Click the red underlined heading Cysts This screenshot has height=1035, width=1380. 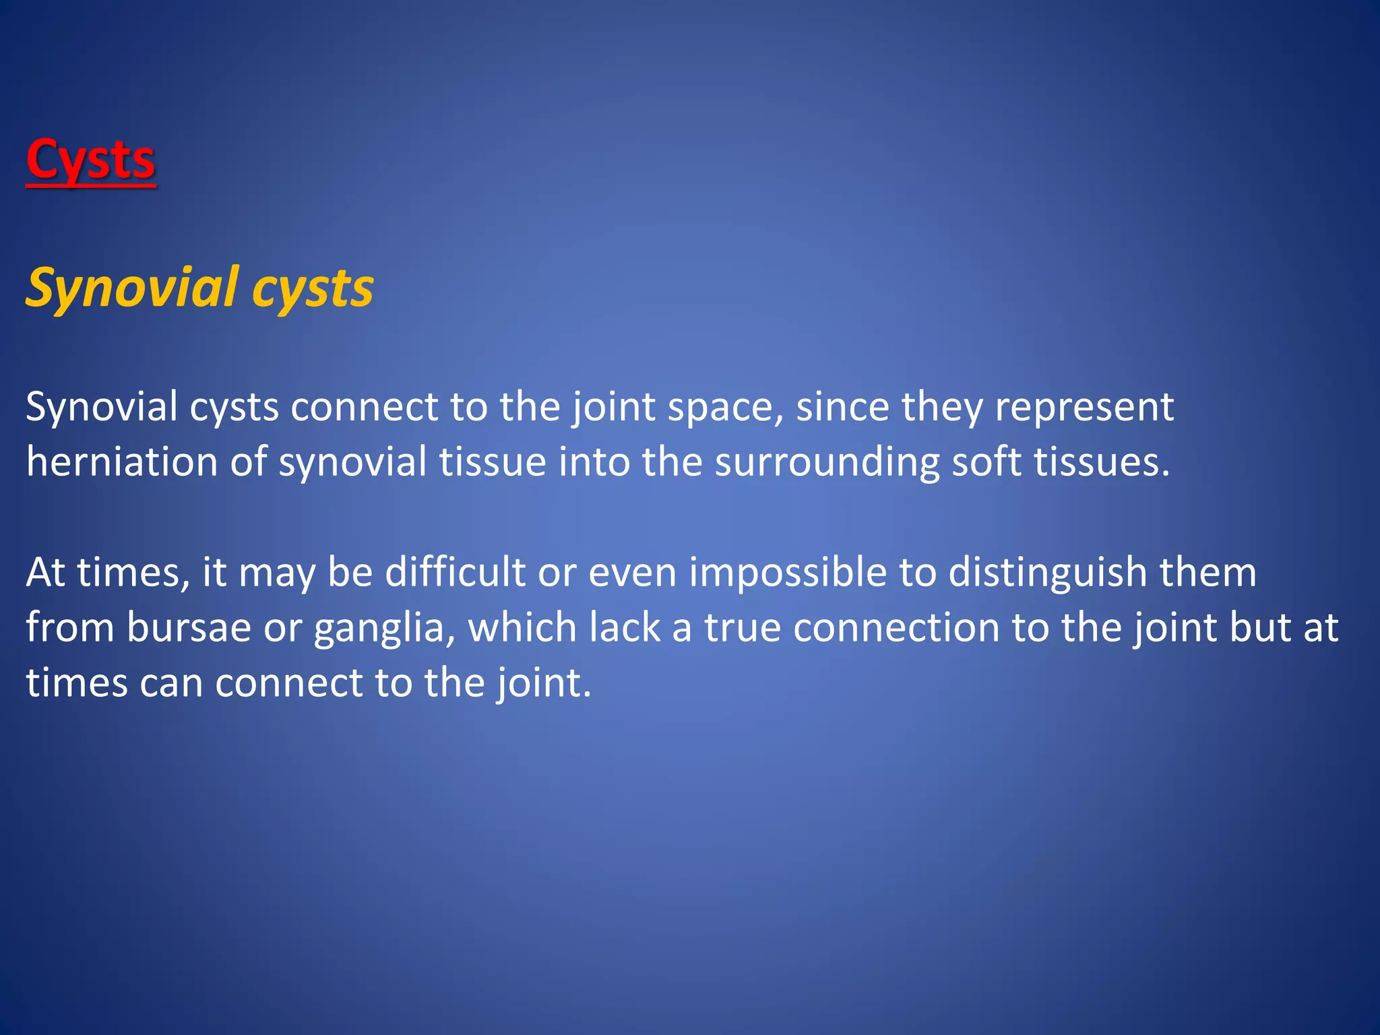91,160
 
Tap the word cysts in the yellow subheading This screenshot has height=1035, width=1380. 313,289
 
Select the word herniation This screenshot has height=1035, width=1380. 122,462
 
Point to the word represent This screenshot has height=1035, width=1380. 1084,407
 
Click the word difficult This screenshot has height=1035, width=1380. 455,573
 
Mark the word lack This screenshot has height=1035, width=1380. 624,628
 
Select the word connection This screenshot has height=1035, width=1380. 896,628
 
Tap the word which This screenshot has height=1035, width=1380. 523,628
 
